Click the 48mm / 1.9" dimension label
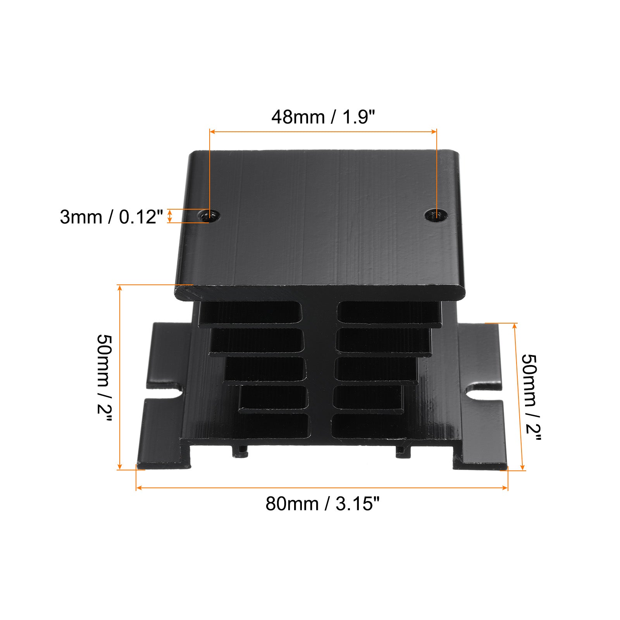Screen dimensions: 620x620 click(x=323, y=117)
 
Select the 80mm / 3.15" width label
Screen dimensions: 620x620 click(x=322, y=504)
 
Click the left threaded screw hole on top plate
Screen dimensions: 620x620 click(x=208, y=215)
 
